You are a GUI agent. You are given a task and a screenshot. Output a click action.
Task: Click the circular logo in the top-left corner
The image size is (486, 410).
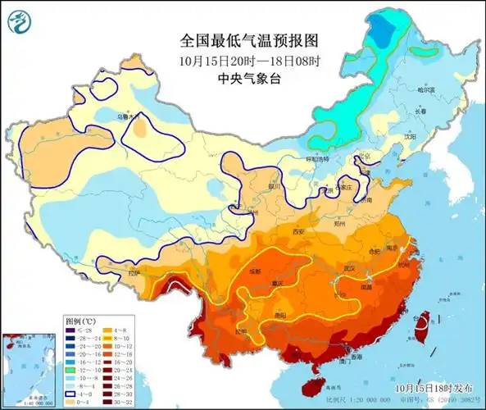[x=17, y=22]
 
